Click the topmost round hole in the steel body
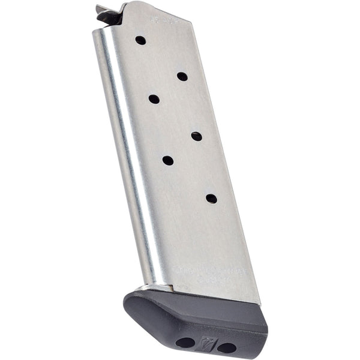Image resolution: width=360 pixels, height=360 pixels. pyautogui.click(x=140, y=40)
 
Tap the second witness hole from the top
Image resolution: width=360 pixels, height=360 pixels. pyautogui.click(x=182, y=76)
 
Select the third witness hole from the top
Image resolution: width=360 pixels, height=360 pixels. pyautogui.click(x=154, y=99)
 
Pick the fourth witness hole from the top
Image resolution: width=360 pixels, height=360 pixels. pyautogui.click(x=196, y=136)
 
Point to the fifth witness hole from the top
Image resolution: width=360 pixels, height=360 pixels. pyautogui.click(x=168, y=160)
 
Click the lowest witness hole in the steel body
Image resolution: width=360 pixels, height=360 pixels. pyautogui.click(x=211, y=198)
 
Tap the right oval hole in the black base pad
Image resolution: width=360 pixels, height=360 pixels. pyautogui.click(x=226, y=347)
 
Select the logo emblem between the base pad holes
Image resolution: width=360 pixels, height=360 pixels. pyautogui.click(x=206, y=344)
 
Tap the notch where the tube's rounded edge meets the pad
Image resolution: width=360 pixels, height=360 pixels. pyautogui.click(x=150, y=286)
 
